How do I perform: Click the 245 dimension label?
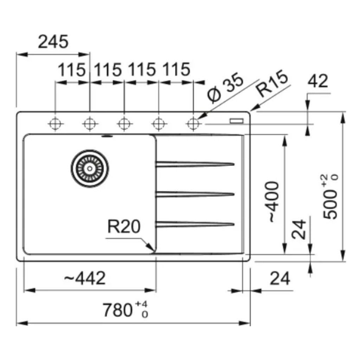[53, 42]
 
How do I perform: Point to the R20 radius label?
[123, 227]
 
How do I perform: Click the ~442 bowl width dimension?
[85, 279]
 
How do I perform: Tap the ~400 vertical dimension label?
[274, 202]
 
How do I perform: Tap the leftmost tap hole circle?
[55, 123]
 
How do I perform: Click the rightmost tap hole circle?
[193, 123]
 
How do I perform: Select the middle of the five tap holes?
[124, 123]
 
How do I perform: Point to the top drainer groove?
[195, 163]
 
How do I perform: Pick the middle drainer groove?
[195, 194]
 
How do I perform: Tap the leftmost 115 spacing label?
[72, 70]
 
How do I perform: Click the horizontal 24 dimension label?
[280, 279]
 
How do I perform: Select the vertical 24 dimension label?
[299, 230]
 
